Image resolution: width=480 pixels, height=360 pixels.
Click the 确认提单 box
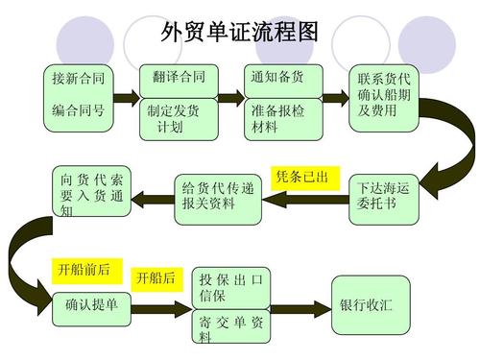tap(92, 305)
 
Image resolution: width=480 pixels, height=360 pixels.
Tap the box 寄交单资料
tap(231, 329)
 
